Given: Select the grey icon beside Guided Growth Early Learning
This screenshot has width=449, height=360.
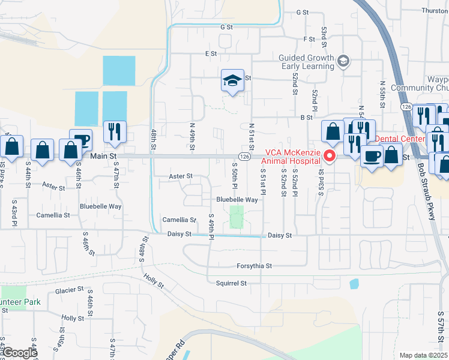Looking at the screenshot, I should (x=343, y=61).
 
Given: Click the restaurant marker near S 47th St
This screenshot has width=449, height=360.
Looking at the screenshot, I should (x=114, y=131).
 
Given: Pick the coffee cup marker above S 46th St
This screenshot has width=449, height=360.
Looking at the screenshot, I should (x=80, y=140).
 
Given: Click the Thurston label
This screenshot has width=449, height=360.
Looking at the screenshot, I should (x=435, y=11).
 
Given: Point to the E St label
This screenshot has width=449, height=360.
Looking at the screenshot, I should (x=210, y=53).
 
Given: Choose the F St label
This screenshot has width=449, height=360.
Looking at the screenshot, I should (x=309, y=39).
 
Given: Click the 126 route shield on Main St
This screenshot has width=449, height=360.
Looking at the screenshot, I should (x=244, y=156).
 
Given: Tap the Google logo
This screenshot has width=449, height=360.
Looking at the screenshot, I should (x=20, y=353).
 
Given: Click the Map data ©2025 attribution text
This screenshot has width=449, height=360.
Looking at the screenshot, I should (x=424, y=355).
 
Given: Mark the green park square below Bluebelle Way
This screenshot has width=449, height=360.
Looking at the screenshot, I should (x=237, y=217).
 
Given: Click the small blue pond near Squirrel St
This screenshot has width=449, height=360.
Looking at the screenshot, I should (x=354, y=283).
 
